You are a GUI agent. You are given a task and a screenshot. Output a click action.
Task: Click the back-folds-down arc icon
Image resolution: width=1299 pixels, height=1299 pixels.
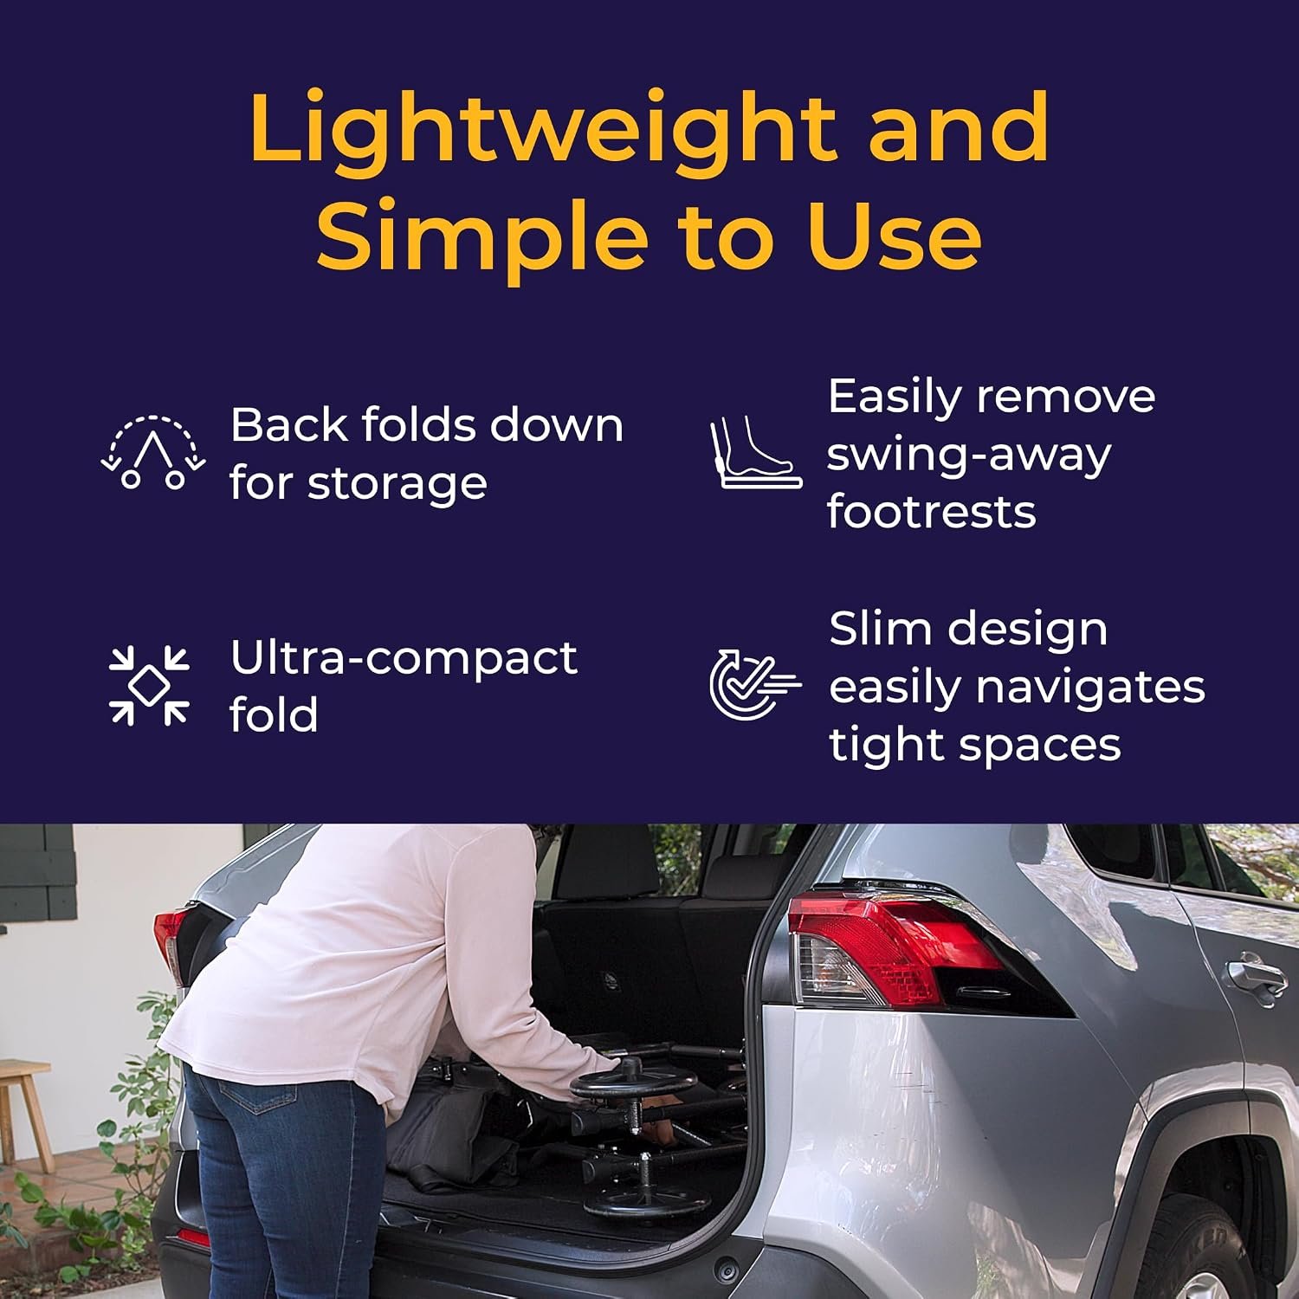click(153, 452)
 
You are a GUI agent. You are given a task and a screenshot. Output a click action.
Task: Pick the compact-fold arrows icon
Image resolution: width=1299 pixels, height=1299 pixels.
click(149, 685)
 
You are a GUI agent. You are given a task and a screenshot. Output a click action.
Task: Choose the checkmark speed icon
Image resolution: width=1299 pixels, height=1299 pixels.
click(754, 685)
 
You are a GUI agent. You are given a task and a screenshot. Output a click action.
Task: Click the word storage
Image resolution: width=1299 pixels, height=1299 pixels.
click(397, 485)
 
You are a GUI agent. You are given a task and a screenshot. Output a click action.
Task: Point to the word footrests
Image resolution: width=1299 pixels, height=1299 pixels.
click(931, 511)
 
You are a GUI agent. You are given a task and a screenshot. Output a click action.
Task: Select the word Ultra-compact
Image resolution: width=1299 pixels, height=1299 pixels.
click(404, 659)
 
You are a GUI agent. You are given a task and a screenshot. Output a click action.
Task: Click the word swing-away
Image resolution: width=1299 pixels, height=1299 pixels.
click(968, 456)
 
